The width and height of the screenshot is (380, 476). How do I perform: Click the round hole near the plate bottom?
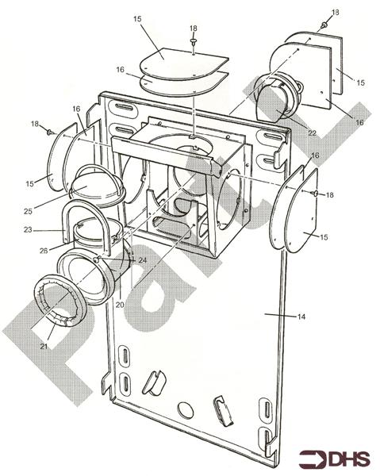coord(185,409)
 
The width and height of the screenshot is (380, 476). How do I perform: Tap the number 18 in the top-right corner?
coord(335,13)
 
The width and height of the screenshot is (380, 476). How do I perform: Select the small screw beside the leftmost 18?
coord(50,131)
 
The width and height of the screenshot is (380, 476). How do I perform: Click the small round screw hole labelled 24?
coord(96,259)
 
